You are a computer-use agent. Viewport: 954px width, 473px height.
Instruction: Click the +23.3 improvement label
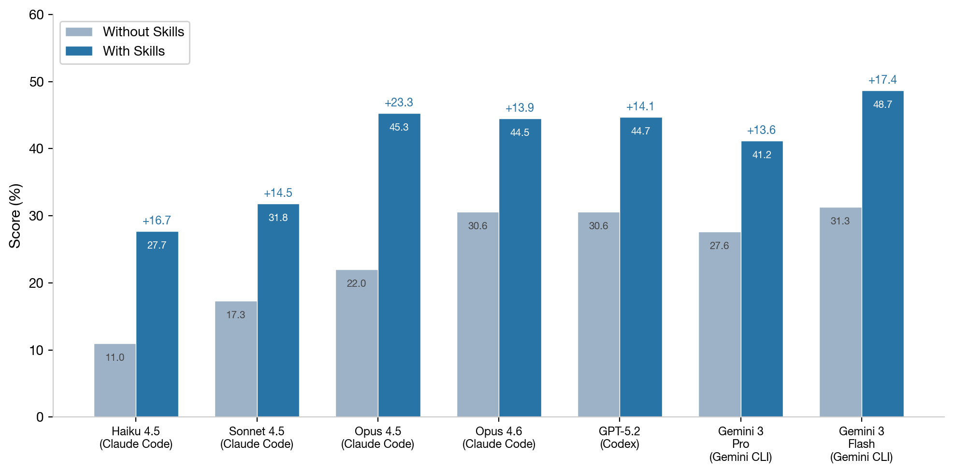(x=399, y=103)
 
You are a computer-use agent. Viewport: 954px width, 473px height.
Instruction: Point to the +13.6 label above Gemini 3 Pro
(x=761, y=130)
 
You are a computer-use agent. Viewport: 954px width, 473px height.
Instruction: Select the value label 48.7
(x=882, y=104)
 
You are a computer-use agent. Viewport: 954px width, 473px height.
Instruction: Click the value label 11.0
(x=115, y=357)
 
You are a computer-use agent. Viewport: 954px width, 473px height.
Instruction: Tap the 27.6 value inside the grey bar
(x=719, y=246)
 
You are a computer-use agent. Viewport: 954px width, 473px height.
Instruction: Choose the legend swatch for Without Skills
(x=79, y=32)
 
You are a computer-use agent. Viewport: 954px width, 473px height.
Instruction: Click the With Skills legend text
(x=134, y=51)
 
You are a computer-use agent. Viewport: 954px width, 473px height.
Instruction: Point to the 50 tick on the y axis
(x=36, y=82)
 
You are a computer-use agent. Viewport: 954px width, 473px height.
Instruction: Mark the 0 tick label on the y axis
(x=40, y=417)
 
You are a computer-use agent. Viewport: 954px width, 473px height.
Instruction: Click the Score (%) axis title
(x=15, y=216)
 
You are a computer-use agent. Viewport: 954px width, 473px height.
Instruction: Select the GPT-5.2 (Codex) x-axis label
(x=620, y=437)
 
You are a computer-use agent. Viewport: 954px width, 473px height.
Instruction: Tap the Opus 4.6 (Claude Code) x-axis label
(x=499, y=437)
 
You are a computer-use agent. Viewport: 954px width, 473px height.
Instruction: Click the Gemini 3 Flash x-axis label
(x=861, y=443)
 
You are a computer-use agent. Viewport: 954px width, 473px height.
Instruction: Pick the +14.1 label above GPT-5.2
(x=640, y=106)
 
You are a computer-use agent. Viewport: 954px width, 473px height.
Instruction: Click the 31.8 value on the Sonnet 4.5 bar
(x=278, y=218)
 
